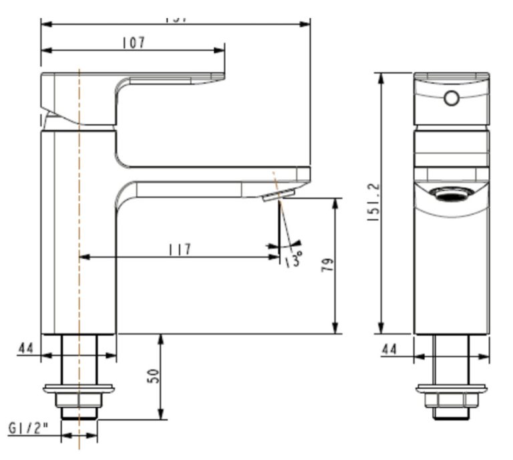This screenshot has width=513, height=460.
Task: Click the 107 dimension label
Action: pos(134,42)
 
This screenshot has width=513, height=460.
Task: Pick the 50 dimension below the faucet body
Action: pos(154,376)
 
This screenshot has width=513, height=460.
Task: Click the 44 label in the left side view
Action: pos(26,348)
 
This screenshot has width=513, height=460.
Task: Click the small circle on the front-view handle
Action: pos(452,99)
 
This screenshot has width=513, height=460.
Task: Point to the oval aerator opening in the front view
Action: pos(452,195)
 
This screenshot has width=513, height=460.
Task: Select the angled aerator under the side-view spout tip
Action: pos(279,195)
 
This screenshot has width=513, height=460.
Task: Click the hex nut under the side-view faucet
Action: pos(79,400)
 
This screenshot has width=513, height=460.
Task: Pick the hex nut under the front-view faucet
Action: pos(452,400)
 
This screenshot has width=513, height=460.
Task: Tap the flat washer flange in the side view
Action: pos(79,388)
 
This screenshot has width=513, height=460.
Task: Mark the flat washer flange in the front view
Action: pos(452,388)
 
